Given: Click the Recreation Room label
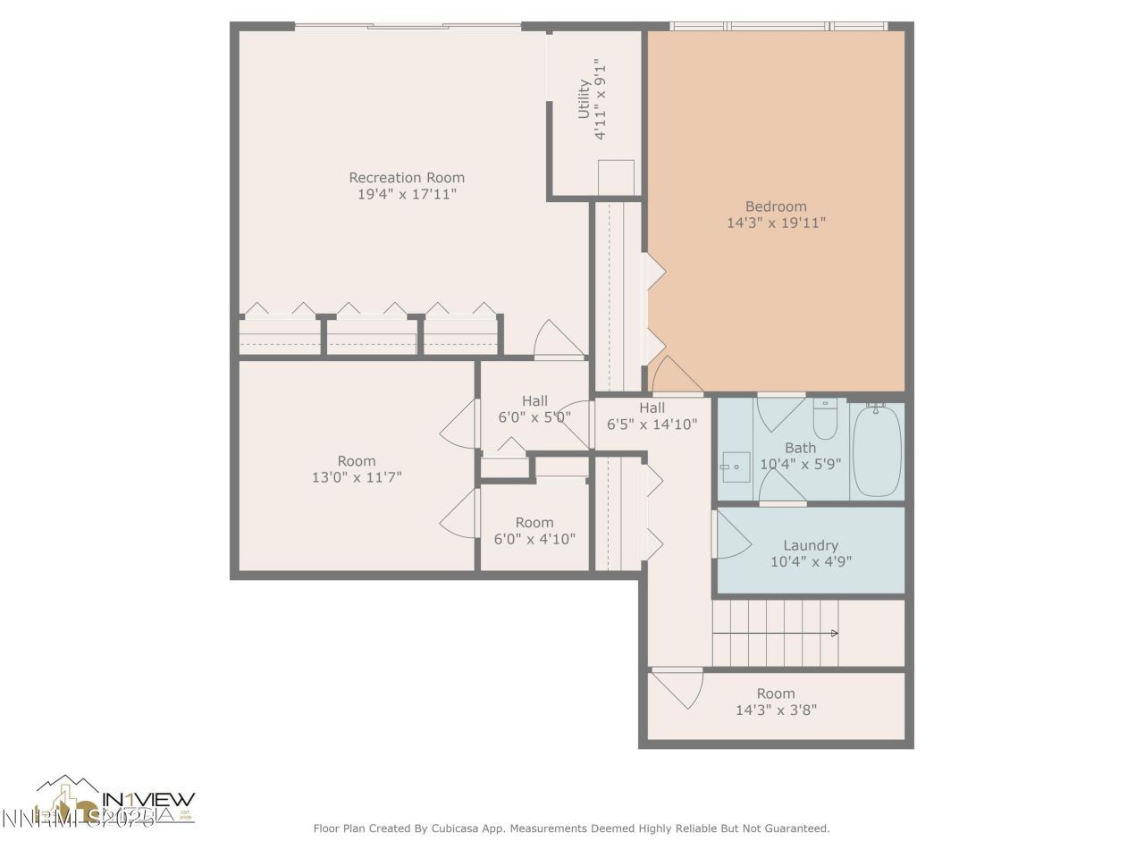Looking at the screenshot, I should (x=407, y=177).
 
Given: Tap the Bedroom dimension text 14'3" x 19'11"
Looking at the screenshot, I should (x=776, y=223).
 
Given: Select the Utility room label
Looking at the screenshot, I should (x=584, y=99).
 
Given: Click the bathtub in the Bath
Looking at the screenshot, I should (x=876, y=450).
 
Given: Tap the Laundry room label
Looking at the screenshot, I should (x=811, y=545).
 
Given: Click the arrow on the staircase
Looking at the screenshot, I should (x=833, y=633).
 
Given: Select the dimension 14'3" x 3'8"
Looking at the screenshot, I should (x=776, y=711).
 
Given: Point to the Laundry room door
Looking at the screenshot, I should (x=731, y=536).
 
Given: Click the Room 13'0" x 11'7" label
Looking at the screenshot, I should (x=357, y=461).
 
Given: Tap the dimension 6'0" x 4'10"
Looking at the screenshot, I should (x=534, y=539).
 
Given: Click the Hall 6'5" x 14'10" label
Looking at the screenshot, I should (x=652, y=408).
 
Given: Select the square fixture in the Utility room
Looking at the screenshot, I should (x=616, y=176).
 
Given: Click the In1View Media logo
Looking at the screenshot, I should (x=116, y=800).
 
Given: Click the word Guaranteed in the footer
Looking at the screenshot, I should (x=794, y=829).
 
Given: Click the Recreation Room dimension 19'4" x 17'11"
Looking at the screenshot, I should (x=407, y=193).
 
